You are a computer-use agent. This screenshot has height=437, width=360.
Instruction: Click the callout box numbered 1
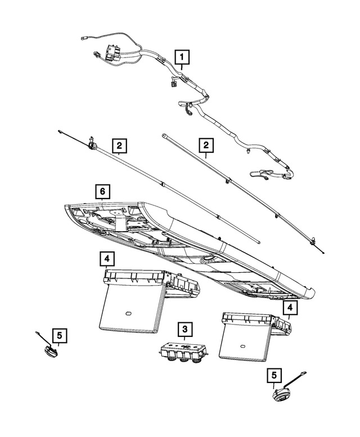pos(182,57)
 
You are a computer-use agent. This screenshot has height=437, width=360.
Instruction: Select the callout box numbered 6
pos(102,192)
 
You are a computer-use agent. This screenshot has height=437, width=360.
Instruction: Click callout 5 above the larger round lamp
pos(274,375)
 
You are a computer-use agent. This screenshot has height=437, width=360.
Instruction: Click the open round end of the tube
pos(164,136)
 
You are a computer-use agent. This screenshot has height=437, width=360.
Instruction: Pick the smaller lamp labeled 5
pos(49,351)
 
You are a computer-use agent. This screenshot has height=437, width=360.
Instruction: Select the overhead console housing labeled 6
pos(186,242)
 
